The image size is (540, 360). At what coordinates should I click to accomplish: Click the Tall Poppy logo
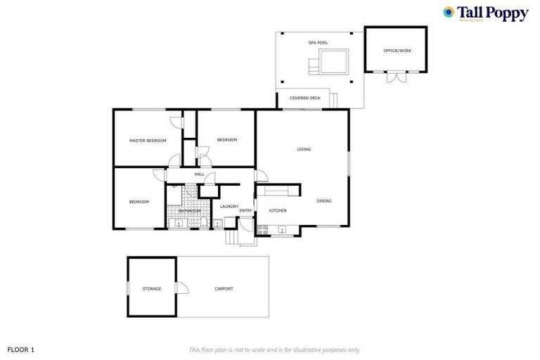[485, 13]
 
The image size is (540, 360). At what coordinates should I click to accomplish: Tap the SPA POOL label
[318, 43]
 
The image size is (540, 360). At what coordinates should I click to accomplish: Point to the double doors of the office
[396, 77]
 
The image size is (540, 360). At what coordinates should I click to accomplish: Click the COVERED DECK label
[305, 98]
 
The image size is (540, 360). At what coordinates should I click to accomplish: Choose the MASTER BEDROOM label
[148, 141]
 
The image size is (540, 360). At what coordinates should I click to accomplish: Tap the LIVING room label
[304, 149]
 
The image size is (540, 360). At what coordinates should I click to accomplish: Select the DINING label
[323, 201]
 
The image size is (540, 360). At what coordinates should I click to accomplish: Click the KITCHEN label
[278, 210]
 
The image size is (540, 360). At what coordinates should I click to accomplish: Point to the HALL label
[199, 174]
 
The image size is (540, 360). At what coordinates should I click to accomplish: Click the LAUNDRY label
[229, 206]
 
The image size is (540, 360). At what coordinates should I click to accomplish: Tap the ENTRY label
[245, 210]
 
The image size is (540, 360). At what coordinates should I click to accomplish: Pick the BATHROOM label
[189, 210]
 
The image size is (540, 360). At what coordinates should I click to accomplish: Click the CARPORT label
[224, 288]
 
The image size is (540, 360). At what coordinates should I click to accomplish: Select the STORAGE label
[151, 288]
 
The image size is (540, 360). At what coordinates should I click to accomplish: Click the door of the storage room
[182, 288]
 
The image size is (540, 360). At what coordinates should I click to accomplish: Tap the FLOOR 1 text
[20, 349]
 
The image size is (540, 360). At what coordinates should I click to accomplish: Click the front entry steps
[232, 238]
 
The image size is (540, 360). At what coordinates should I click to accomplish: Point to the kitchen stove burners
[262, 229]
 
